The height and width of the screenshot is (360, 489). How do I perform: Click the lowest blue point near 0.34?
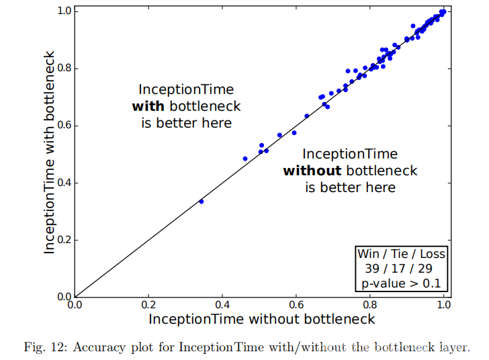201,201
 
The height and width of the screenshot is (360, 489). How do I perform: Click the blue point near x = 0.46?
244,159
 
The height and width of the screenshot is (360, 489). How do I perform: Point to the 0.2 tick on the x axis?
148,297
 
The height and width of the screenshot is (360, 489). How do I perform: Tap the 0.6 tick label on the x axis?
296,305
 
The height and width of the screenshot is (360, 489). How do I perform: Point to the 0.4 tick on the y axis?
75,183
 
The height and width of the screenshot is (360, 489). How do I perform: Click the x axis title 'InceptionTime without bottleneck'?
261,319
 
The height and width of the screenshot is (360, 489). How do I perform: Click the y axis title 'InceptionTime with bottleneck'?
50,154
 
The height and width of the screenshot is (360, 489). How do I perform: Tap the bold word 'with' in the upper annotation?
148,106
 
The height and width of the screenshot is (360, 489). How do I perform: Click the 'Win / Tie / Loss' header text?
401,254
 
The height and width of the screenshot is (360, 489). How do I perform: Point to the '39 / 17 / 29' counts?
401,269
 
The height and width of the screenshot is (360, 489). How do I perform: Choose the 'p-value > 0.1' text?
401,283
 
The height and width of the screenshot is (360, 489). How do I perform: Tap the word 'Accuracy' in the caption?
97,347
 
